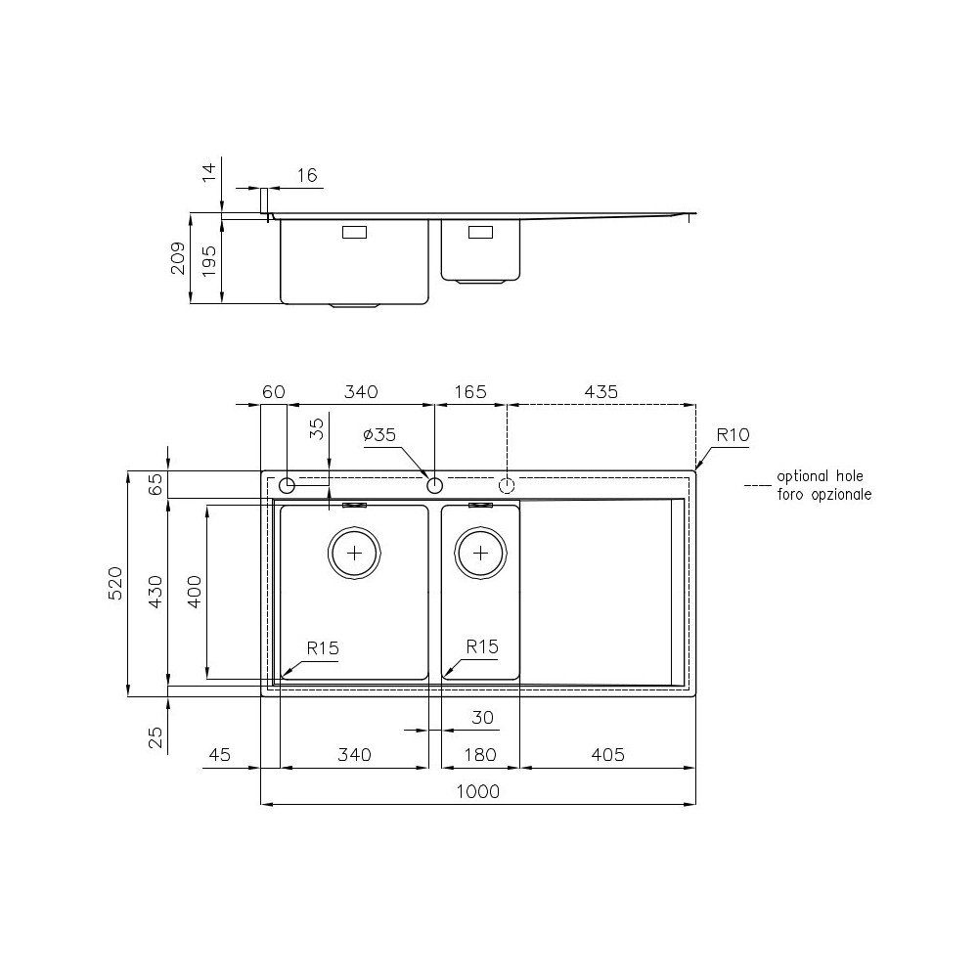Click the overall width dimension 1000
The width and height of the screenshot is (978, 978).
pyautogui.click(x=478, y=791)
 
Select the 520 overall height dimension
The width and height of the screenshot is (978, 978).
pyautogui.click(x=114, y=584)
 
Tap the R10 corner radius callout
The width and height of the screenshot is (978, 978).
pyautogui.click(x=731, y=435)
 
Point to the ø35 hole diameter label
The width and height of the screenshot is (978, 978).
pyautogui.click(x=379, y=435)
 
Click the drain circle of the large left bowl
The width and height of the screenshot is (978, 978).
pyautogui.click(x=354, y=553)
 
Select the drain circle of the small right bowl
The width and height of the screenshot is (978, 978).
pyautogui.click(x=480, y=553)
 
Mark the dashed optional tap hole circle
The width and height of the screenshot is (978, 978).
pyautogui.click(x=507, y=485)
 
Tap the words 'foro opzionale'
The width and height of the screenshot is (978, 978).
pyautogui.click(x=823, y=495)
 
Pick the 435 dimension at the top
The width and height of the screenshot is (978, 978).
pyautogui.click(x=600, y=391)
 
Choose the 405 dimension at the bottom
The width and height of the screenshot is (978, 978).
pyautogui.click(x=606, y=755)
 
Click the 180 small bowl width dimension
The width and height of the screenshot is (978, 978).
pyautogui.click(x=479, y=755)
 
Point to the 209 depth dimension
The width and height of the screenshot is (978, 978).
pyautogui.click(x=179, y=258)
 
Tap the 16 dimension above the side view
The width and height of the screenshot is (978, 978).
pyautogui.click(x=307, y=175)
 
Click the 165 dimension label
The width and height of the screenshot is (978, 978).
pyautogui.click(x=470, y=391)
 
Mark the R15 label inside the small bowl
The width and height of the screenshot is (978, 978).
pyautogui.click(x=482, y=646)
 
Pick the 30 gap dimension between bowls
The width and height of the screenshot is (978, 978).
pyautogui.click(x=482, y=717)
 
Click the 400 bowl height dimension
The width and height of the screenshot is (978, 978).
pyautogui.click(x=194, y=592)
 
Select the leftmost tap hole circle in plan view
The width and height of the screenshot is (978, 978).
pyautogui.click(x=288, y=485)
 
